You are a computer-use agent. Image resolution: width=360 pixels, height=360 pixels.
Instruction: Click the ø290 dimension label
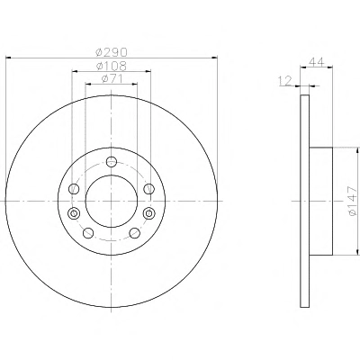coord(112,52)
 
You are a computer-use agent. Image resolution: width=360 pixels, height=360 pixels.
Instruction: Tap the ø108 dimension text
coord(112,66)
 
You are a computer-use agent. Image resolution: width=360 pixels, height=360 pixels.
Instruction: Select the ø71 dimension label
coord(112,79)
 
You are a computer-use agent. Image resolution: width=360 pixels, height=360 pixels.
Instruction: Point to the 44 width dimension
coord(317,62)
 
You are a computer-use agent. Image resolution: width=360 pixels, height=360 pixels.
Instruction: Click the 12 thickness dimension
coord(285,81)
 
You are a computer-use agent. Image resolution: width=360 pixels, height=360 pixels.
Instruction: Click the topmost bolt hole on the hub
coord(112,161)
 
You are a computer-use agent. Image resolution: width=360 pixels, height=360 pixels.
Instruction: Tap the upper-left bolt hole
coord(74,189)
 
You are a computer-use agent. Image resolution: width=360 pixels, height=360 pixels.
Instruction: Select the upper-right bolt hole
coord(148,189)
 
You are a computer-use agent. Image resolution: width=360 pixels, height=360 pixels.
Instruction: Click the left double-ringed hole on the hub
coord(74,213)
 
